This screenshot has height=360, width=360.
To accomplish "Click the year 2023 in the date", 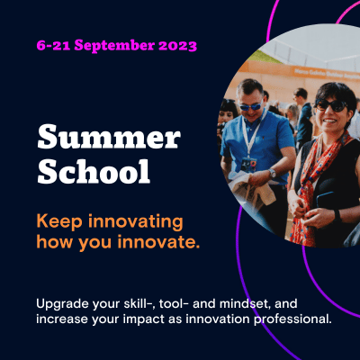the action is coord(177,46).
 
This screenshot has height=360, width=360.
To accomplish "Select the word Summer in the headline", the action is coord(109,138).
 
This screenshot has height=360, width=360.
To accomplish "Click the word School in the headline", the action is coord(94,171).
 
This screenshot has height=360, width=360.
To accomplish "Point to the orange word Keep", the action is coord(59,222).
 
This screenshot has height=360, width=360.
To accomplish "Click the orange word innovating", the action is coord(136,222).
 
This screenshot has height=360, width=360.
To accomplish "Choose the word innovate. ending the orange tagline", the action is coord(158,242).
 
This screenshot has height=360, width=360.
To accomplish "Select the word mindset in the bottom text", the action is coord(243,303).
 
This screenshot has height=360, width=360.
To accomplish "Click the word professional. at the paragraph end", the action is coord(292,319).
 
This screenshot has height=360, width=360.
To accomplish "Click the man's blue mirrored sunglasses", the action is coord(250,106).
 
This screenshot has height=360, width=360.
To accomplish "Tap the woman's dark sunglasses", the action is coord(331,105).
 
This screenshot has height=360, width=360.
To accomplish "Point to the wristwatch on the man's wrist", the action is coord(272,173).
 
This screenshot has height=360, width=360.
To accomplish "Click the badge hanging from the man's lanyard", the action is coord(249,164).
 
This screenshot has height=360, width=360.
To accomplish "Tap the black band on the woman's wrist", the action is coord(337,215).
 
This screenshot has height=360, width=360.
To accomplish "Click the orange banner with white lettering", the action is coord(325,73).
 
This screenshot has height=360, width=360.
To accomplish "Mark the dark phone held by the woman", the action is coord(325,200).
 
